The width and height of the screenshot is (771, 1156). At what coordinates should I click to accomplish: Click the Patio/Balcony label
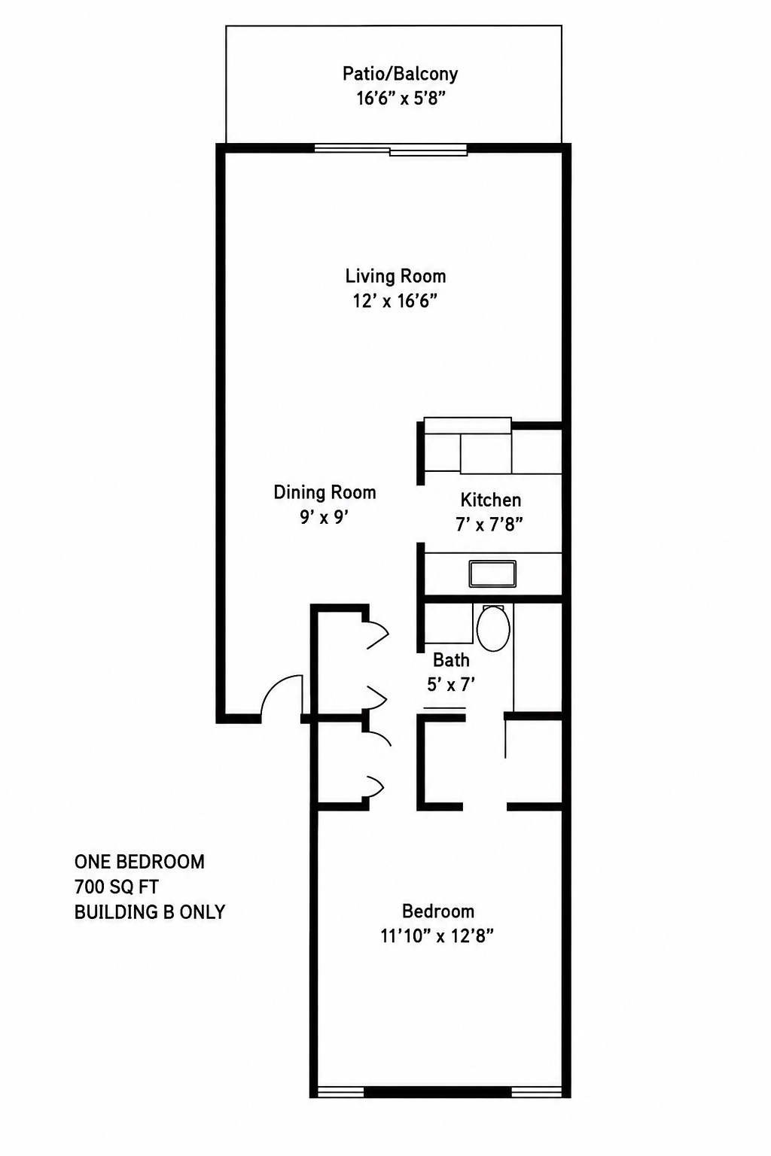(401, 75)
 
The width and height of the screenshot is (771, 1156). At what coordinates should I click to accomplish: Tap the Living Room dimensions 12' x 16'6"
(395, 300)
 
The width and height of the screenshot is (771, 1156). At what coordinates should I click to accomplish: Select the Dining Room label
(325, 492)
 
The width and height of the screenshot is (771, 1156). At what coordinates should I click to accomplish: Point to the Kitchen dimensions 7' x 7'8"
(489, 525)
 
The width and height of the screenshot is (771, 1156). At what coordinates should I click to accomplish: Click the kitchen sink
(492, 573)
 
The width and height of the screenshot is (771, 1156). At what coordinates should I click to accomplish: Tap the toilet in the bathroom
(492, 628)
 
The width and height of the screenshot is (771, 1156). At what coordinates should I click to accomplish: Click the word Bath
(451, 659)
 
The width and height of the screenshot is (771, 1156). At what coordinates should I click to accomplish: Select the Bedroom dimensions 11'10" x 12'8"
(437, 935)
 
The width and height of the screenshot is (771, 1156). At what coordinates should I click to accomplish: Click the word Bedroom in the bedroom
(438, 911)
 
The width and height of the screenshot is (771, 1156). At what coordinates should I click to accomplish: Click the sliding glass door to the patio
(391, 150)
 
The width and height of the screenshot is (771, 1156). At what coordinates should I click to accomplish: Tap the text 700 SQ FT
(117, 887)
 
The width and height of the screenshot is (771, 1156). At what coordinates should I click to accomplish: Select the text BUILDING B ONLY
(150, 912)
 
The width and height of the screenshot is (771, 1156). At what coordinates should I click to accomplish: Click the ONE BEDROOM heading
(139, 861)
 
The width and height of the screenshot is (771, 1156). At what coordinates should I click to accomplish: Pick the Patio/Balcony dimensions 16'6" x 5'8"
(401, 98)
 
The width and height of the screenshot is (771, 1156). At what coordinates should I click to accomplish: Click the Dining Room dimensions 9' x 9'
(325, 517)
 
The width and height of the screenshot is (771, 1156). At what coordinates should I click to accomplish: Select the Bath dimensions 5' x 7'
(451, 684)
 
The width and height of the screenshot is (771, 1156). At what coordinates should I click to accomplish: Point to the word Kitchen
(491, 500)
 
